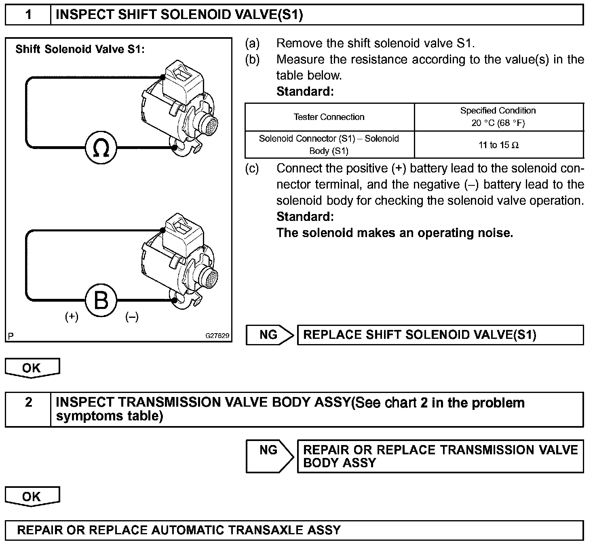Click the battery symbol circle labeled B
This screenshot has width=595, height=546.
pyautogui.click(x=101, y=300)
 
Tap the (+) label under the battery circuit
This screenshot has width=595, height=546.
pyautogui.click(x=72, y=317)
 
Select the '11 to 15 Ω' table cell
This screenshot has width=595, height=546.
pyautogui.click(x=498, y=145)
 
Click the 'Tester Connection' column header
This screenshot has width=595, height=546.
pyautogui.click(x=329, y=117)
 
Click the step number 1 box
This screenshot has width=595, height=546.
pyautogui.click(x=28, y=15)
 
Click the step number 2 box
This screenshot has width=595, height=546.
pyautogui.click(x=28, y=403)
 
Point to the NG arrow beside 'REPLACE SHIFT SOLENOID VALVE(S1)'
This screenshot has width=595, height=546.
pyautogui.click(x=270, y=335)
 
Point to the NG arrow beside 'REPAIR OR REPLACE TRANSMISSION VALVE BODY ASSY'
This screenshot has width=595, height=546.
pyautogui.click(x=270, y=456)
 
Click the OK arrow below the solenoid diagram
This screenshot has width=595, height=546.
pyautogui.click(x=32, y=368)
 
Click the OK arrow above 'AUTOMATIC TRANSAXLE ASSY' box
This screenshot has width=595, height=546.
pyautogui.click(x=32, y=496)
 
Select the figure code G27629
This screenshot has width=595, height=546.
pyautogui.click(x=217, y=336)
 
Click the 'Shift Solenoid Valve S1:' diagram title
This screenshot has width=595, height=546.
pyautogui.click(x=80, y=49)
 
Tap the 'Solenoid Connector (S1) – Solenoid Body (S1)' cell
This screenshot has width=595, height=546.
pyautogui.click(x=329, y=145)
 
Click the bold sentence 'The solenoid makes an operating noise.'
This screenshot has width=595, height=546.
pyautogui.click(x=395, y=233)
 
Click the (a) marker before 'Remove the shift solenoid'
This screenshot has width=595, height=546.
pyautogui.click(x=253, y=43)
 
